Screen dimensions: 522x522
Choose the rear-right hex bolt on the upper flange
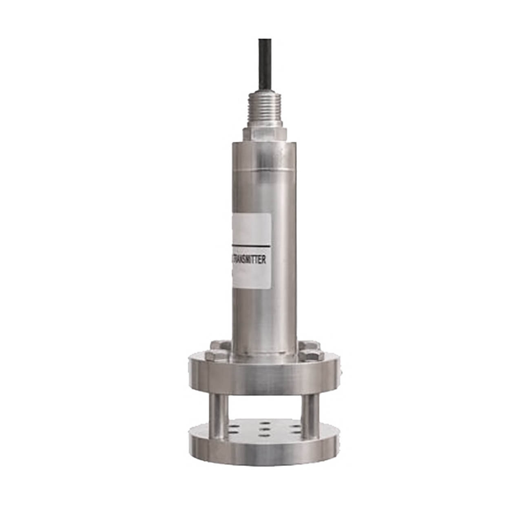[x=308, y=345]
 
